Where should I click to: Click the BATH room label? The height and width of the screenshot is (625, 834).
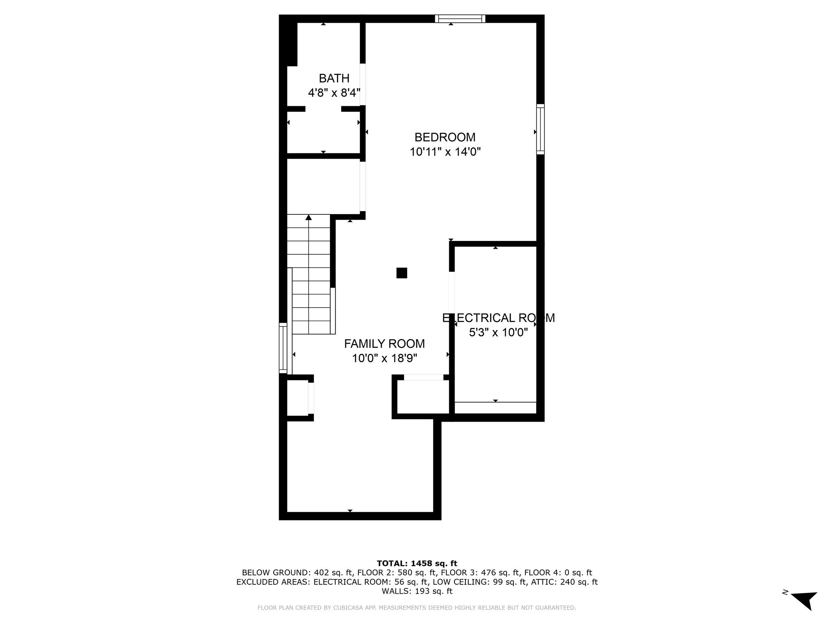(334, 78)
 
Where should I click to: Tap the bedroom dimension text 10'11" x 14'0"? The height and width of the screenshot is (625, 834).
(445, 152)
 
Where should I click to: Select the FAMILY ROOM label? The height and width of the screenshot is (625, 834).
(384, 344)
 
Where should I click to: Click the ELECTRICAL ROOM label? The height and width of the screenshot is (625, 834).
(498, 318)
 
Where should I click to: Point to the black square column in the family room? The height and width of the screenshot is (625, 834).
(402, 273)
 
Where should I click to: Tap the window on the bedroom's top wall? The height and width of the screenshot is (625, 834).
(460, 19)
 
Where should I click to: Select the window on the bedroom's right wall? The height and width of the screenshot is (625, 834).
(540, 129)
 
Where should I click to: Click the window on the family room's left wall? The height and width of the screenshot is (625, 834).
(283, 348)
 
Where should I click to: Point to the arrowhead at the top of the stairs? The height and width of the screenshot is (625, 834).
(309, 217)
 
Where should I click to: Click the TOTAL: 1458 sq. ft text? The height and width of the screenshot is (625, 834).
(417, 563)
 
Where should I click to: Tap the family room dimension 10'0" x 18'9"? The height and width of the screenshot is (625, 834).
(384, 358)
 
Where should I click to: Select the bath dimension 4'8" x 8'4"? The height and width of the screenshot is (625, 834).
(334, 93)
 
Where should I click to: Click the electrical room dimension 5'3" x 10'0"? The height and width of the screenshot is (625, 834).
(498, 332)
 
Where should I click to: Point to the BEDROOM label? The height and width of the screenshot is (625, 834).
(445, 137)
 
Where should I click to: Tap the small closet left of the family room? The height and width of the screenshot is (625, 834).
(298, 398)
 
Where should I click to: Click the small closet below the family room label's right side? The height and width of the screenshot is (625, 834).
(423, 397)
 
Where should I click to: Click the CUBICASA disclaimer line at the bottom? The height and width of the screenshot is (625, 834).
(417, 608)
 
